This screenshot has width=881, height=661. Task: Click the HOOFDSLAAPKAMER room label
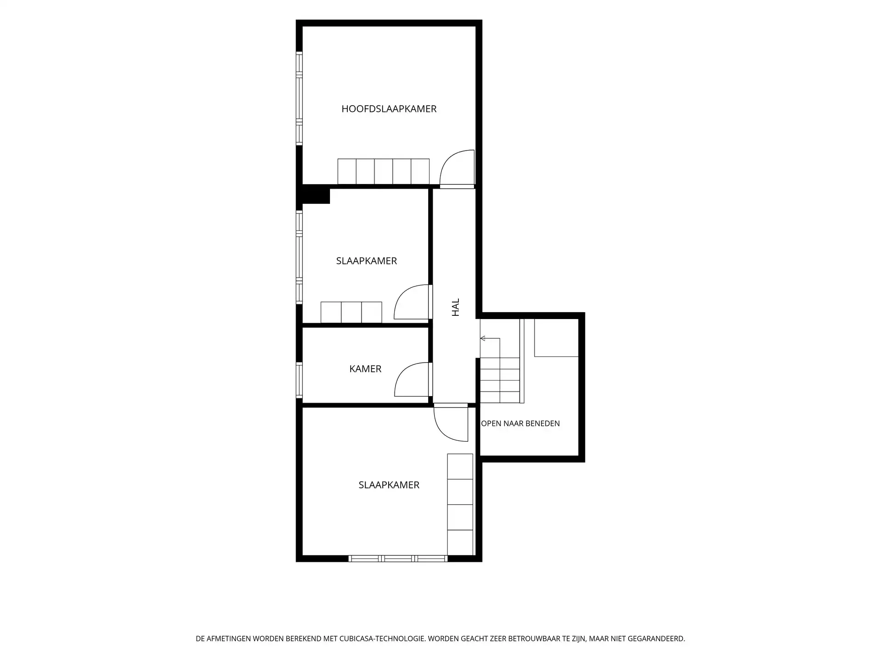[x=389, y=109]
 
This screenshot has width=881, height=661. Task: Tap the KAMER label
[x=365, y=369]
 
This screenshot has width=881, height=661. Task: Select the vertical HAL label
[x=456, y=307]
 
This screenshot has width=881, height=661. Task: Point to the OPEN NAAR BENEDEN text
[x=520, y=423]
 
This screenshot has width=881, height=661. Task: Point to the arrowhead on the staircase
[x=483, y=338]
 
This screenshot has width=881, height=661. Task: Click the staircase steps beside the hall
[x=500, y=381]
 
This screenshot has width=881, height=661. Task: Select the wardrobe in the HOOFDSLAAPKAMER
[x=384, y=172]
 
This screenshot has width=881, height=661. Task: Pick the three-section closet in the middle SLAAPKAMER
[x=351, y=312]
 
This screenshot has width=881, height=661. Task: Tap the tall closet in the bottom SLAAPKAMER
[x=460, y=504]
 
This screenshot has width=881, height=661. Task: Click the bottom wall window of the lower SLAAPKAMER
[x=398, y=559]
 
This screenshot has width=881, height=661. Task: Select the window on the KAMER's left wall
[x=299, y=380]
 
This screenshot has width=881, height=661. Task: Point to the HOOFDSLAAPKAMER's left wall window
[x=299, y=99]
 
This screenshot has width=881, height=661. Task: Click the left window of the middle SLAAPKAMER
[x=299, y=257]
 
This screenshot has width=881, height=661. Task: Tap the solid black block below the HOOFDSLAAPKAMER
[x=316, y=194]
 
